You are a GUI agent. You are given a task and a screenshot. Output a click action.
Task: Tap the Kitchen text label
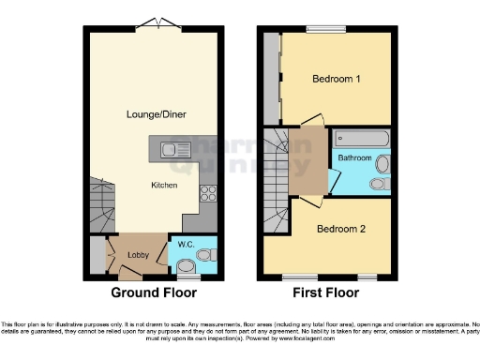click(x=164, y=185)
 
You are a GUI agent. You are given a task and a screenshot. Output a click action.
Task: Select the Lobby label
click(x=138, y=254)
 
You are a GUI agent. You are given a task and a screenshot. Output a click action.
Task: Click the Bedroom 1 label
click(x=336, y=80)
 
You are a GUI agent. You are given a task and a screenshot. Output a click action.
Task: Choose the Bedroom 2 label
click(x=340, y=229)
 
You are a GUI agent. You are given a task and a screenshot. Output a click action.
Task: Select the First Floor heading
click(x=325, y=292)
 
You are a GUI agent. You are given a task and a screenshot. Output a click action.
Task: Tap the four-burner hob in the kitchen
click(x=209, y=196)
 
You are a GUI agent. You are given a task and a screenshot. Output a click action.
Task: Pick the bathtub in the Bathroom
click(x=361, y=139)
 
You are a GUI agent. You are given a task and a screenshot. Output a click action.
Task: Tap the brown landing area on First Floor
click(x=307, y=159)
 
